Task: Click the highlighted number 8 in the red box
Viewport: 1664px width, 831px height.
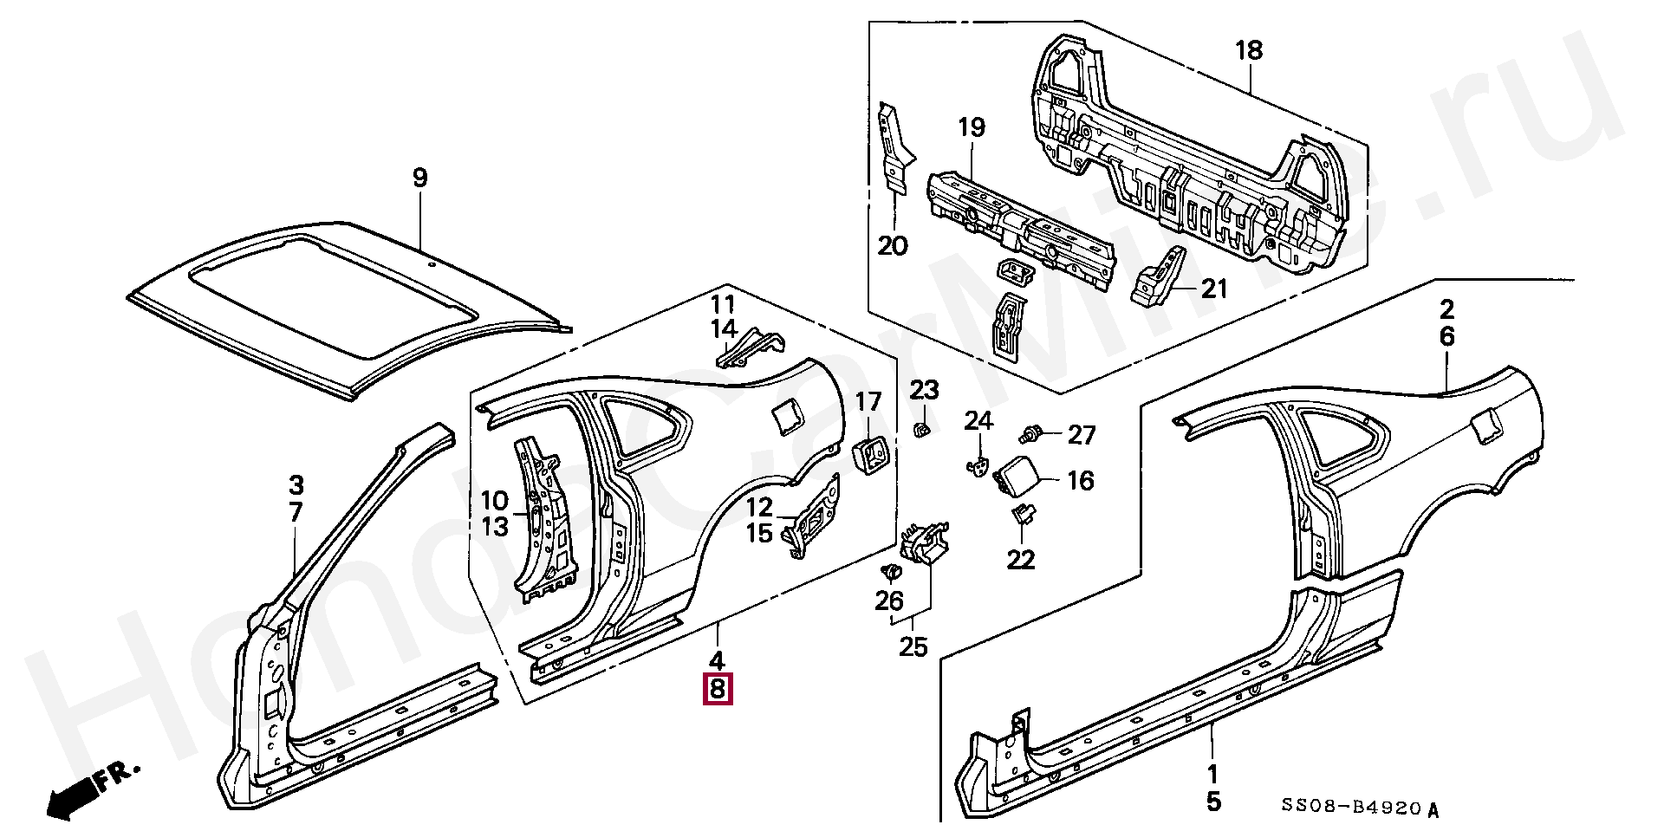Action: click(x=718, y=690)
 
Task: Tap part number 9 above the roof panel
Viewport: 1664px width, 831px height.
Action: click(x=419, y=179)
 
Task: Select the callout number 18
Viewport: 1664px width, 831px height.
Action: click(x=1249, y=51)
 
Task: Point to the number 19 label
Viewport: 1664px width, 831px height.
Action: click(x=972, y=128)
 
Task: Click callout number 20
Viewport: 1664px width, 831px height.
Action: click(x=893, y=246)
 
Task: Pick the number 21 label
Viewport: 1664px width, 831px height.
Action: click(x=1214, y=288)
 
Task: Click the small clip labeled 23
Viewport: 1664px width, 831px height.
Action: click(x=923, y=428)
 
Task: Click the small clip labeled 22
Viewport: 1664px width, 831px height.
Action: click(x=1021, y=516)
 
